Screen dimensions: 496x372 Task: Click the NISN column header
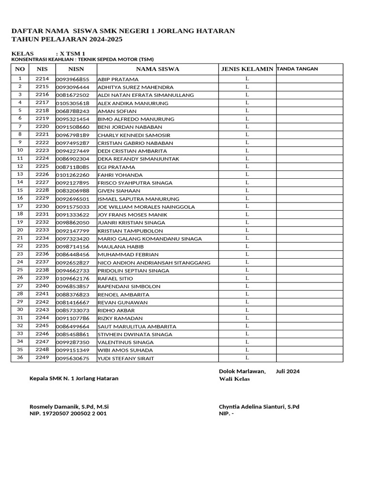(x=76, y=69)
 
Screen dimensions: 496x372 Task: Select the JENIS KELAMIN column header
(x=247, y=69)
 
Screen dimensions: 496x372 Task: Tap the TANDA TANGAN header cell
(x=297, y=69)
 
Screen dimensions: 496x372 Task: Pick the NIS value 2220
(x=42, y=126)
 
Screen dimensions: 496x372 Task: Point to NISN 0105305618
(x=73, y=103)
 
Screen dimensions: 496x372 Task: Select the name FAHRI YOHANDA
(x=120, y=175)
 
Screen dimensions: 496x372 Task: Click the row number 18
(x=20, y=214)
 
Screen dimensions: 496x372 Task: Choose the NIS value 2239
(x=42, y=278)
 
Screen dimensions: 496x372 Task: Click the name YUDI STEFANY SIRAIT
(x=126, y=358)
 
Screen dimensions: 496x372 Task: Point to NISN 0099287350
(x=73, y=342)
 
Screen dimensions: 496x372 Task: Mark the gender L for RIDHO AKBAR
(x=247, y=310)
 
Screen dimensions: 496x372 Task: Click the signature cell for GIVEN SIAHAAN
(x=309, y=190)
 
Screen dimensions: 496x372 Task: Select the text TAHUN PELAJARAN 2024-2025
(x=67, y=39)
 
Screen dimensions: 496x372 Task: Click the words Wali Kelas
(x=234, y=379)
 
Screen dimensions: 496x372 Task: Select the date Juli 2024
(x=287, y=371)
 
